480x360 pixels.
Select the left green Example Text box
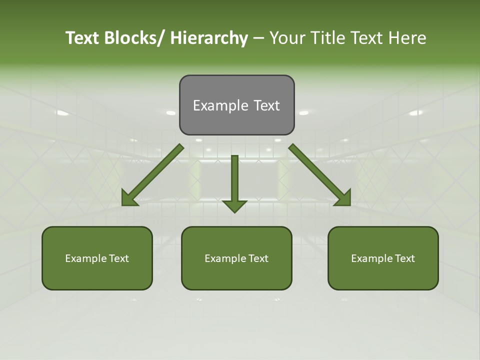coord(97,258)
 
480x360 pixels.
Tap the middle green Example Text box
coord(236,258)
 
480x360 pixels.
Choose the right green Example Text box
coord(383,258)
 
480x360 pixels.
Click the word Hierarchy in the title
coord(208,38)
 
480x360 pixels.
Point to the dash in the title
coord(258,38)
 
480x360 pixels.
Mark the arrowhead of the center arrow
coord(234,205)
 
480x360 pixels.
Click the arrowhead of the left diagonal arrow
coord(129,198)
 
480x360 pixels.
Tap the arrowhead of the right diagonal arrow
coord(343,198)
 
